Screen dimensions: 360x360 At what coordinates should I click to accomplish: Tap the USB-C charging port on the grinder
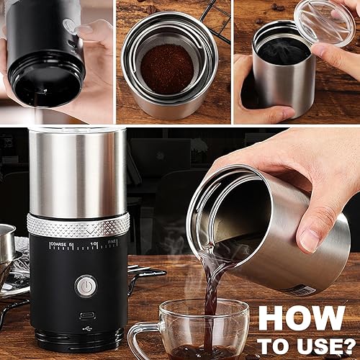[86, 316]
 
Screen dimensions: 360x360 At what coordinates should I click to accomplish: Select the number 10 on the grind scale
[94, 244]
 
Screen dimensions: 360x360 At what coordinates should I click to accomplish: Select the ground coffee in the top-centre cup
[167, 68]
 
